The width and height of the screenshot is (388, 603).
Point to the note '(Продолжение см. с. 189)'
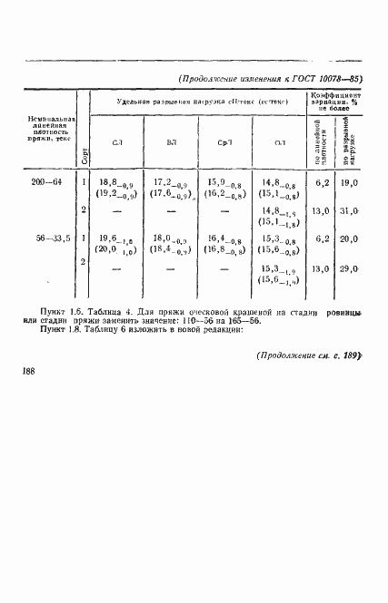(308, 355)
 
